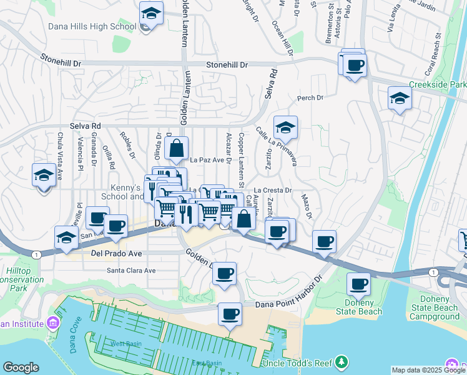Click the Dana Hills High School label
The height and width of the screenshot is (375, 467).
[x=92, y=27]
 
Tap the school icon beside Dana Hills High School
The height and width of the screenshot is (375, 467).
[x=151, y=13]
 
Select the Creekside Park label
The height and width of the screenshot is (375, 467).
[x=438, y=84]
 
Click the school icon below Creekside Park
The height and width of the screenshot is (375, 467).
[x=400, y=98]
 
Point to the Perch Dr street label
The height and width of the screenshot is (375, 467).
[x=310, y=98]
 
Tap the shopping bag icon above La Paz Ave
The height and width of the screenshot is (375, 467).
[x=177, y=149]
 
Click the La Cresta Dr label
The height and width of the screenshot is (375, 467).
[x=273, y=190]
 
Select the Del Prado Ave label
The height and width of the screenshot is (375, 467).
[x=117, y=254]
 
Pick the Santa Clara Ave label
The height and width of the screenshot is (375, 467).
[x=131, y=271]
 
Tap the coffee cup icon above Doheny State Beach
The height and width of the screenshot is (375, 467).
[x=359, y=284]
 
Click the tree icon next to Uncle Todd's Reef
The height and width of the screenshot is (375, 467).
[x=341, y=362]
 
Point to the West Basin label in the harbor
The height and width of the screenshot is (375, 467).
[x=125, y=344]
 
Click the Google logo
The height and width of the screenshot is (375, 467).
[x=21, y=367]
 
